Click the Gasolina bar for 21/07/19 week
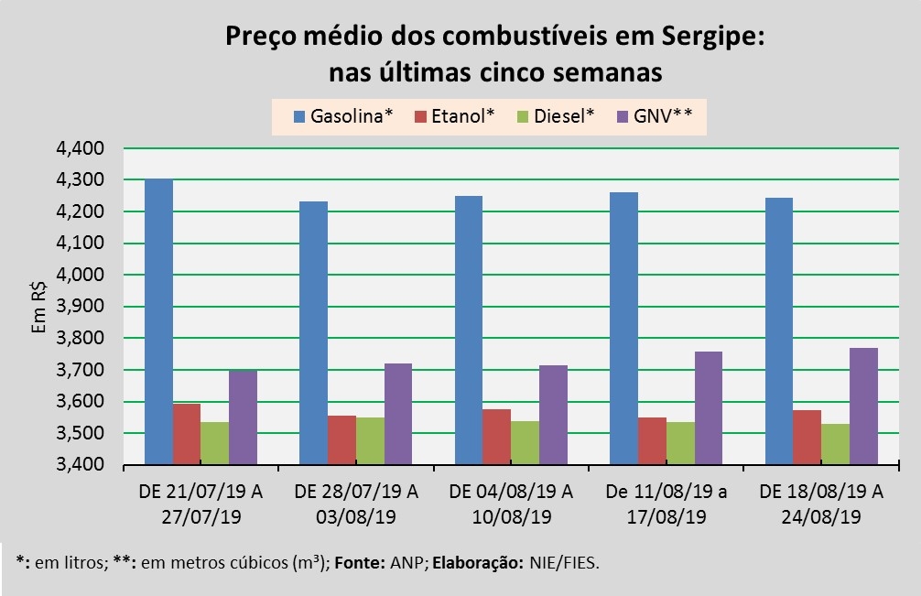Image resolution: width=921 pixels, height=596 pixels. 159,321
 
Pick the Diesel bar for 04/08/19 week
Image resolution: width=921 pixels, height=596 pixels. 525,442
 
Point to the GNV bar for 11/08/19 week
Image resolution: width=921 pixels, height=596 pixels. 708,407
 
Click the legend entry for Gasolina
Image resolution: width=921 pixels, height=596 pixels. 343,116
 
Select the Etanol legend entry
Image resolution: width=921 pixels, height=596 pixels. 454,116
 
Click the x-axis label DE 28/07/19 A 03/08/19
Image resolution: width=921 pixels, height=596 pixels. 357,504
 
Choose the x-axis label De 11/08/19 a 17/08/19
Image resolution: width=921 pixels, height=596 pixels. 666,504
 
